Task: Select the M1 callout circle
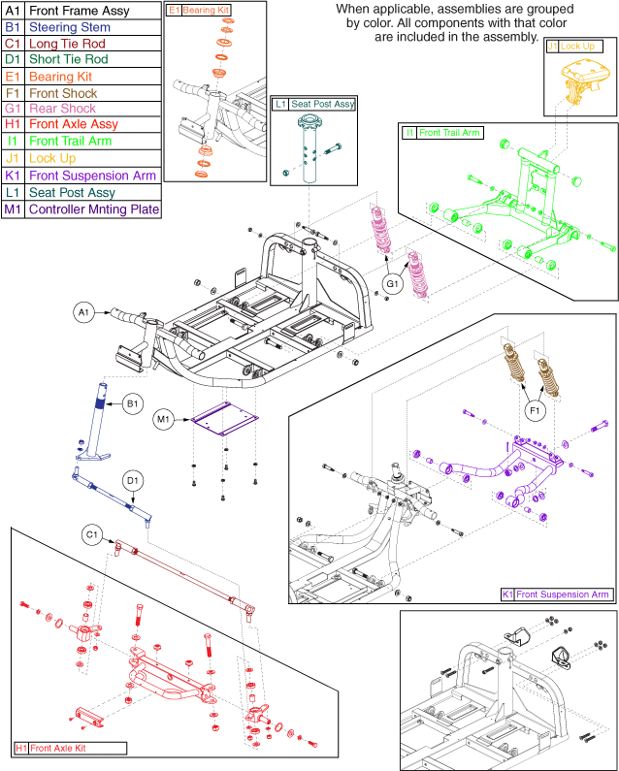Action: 165,419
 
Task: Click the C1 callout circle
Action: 92,534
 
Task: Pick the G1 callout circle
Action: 392,283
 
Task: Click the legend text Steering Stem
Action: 70,28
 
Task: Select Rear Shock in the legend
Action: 65,109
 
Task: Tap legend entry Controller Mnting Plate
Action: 93,209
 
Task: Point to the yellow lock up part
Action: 574,79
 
